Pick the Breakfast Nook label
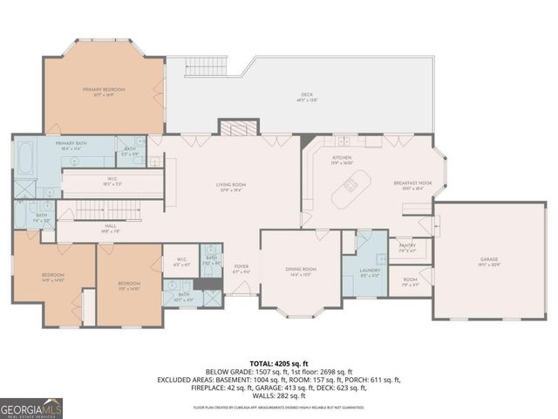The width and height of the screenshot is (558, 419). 407,184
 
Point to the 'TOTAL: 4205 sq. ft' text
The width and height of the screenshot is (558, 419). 279,361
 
